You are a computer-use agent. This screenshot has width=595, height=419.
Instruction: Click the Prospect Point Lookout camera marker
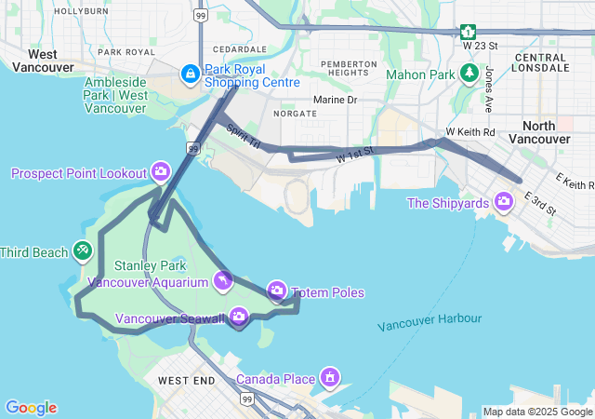(161, 172)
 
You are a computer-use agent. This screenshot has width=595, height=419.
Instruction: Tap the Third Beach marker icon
(83, 251)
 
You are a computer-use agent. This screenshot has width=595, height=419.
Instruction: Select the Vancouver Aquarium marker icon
(223, 280)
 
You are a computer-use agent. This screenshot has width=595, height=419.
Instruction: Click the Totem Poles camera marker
(277, 292)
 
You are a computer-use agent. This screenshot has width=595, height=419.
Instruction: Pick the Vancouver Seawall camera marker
(239, 318)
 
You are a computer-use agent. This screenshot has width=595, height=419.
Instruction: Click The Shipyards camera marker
(504, 202)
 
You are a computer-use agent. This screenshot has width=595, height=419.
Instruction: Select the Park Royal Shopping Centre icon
(190, 73)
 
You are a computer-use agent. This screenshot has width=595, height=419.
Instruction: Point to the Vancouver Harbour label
(430, 322)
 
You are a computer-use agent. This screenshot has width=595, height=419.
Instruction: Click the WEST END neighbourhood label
(186, 381)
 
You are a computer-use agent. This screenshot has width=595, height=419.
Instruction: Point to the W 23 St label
(480, 45)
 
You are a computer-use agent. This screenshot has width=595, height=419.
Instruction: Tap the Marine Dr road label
(335, 100)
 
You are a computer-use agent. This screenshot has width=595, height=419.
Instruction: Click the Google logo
(31, 407)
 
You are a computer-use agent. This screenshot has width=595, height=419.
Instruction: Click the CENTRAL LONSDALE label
(541, 61)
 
